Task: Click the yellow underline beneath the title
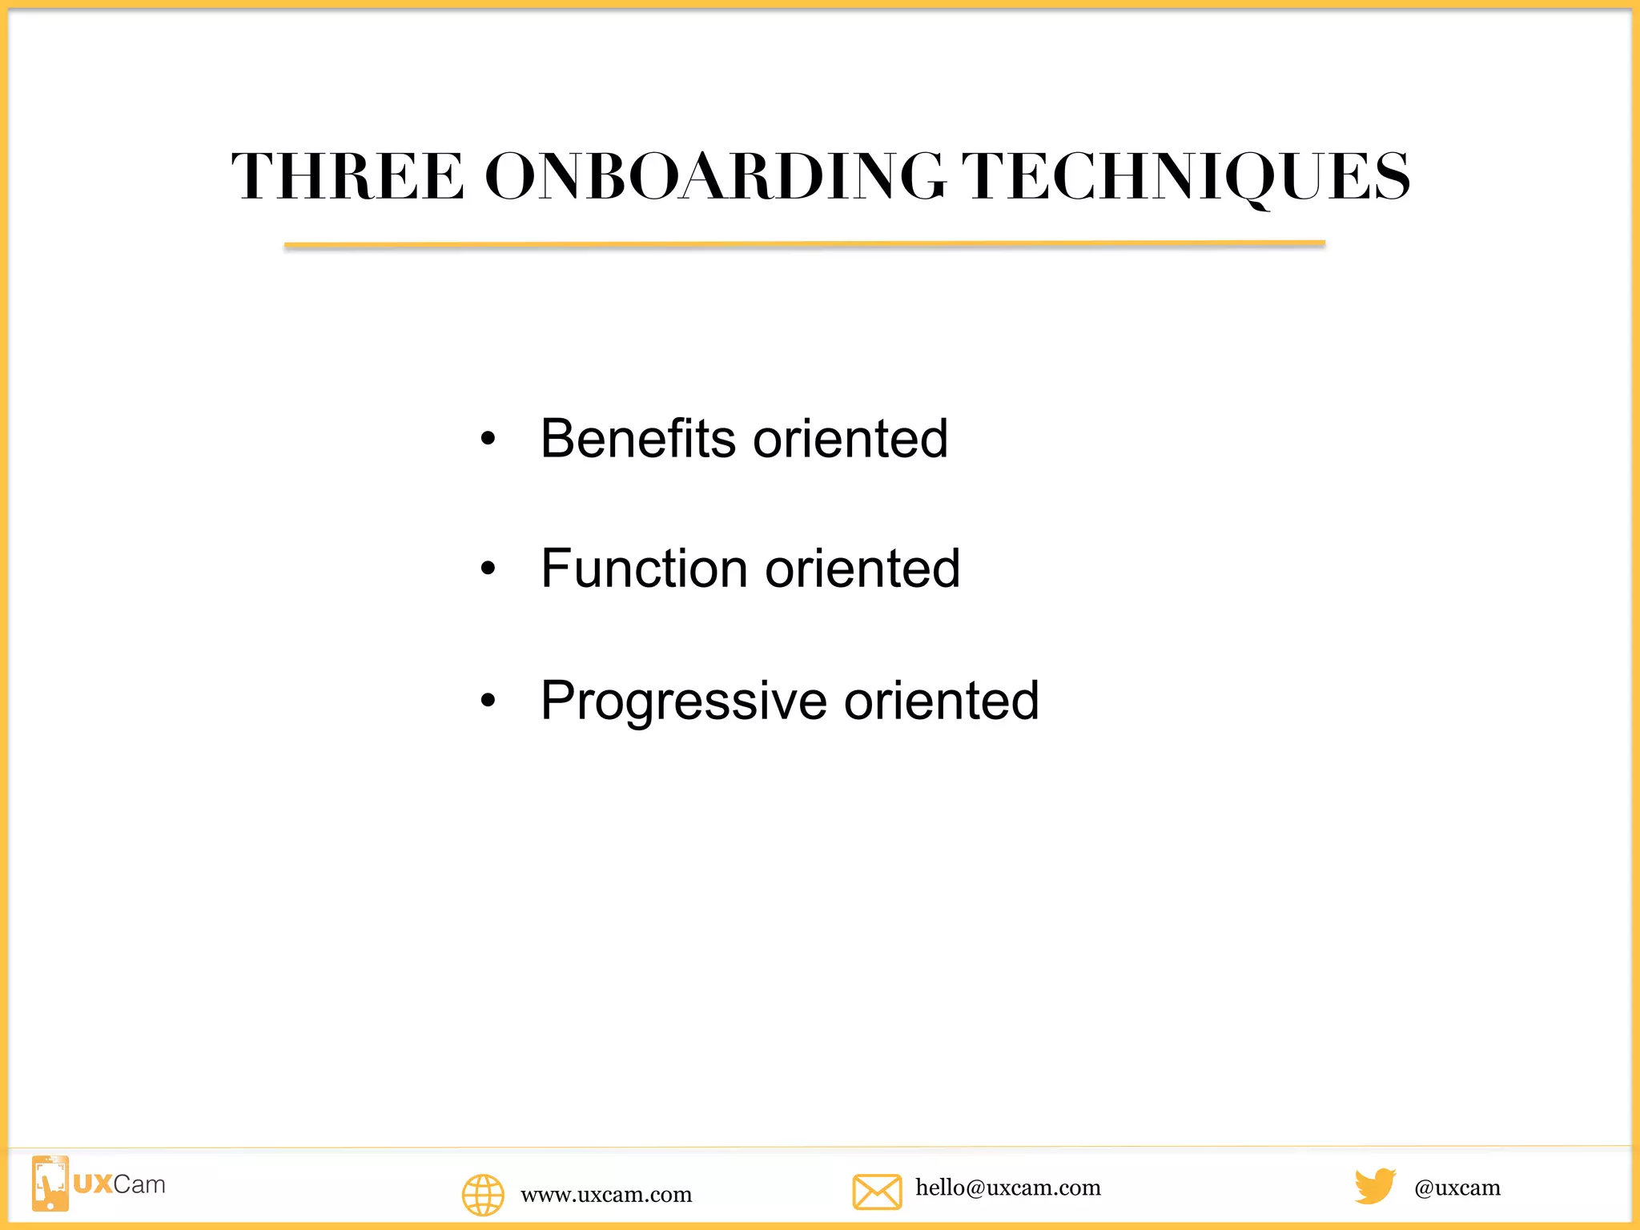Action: tap(804, 244)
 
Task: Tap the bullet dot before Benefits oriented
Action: tap(488, 439)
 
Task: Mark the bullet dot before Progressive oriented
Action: tap(488, 701)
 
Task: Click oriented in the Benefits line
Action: tap(850, 439)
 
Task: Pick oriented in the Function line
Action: tap(862, 569)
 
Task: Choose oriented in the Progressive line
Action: tap(942, 701)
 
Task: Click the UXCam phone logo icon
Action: tap(50, 1184)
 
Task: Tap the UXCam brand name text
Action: tap(119, 1184)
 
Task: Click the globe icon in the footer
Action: tap(483, 1195)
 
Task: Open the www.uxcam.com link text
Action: tap(606, 1195)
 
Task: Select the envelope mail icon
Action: tap(877, 1192)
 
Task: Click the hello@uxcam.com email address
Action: tap(1008, 1188)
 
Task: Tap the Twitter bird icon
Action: tap(1375, 1186)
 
